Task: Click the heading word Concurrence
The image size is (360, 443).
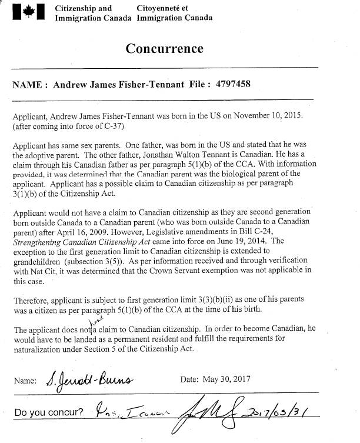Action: coord(164,48)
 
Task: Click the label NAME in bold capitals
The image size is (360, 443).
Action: coord(26,85)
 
